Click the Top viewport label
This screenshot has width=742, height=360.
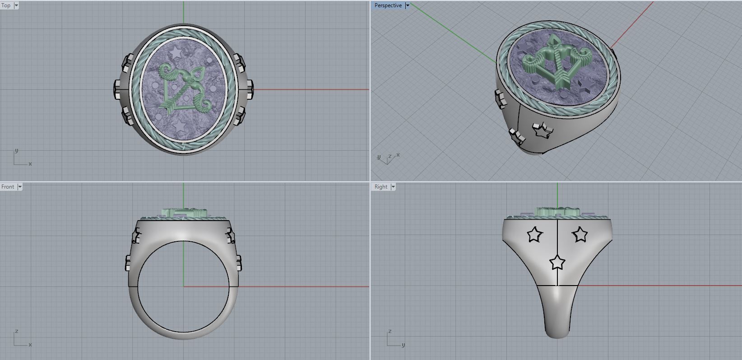[6, 5]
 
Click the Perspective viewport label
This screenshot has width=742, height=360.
[388, 5]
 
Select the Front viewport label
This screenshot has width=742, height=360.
[8, 187]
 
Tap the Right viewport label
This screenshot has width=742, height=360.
[380, 187]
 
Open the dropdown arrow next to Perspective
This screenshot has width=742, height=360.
[407, 5]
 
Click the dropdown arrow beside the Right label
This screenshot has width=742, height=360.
[393, 187]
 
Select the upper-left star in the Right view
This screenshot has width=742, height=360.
[534, 235]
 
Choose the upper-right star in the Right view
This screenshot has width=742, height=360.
[580, 235]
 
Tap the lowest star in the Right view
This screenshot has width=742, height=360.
[557, 262]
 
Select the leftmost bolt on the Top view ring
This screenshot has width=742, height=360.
[117, 89]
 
